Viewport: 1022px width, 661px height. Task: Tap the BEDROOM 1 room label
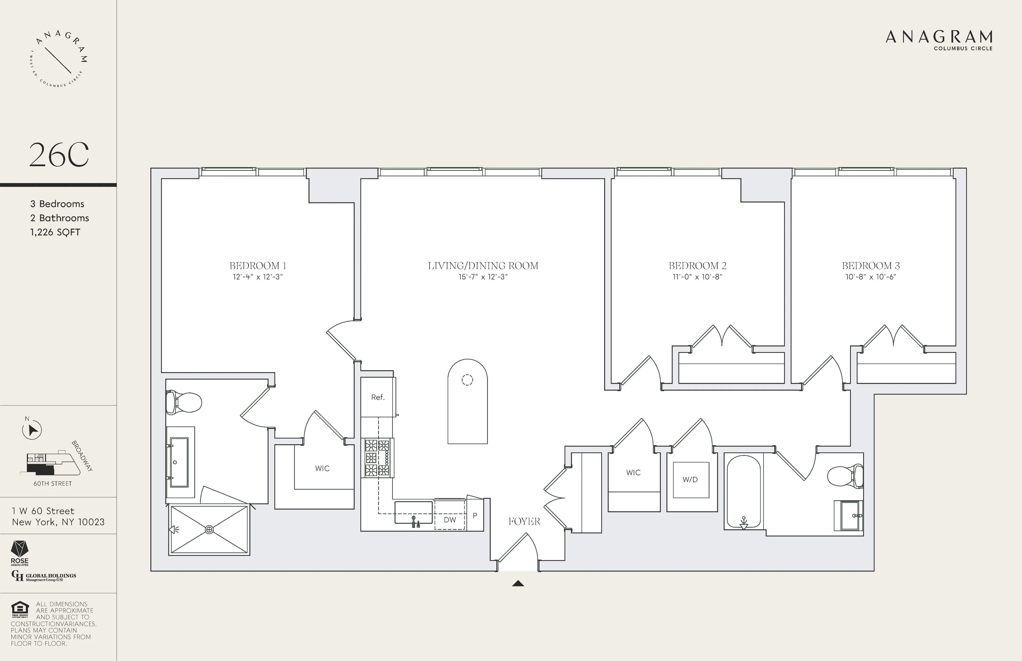(258, 266)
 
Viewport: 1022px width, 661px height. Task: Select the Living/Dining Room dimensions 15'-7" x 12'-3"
(483, 277)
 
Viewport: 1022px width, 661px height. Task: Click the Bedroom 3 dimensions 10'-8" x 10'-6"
(871, 277)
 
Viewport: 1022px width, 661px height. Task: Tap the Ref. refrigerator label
(378, 398)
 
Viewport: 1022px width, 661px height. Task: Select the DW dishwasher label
(450, 520)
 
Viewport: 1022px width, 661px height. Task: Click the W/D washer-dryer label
(690, 480)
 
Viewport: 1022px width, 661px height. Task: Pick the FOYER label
(524, 522)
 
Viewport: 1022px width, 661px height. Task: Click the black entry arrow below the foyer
(518, 583)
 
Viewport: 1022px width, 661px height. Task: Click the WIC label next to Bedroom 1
(322, 468)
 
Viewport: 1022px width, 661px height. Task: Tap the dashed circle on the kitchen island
(467, 379)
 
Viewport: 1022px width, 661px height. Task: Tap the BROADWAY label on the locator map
(82, 456)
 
